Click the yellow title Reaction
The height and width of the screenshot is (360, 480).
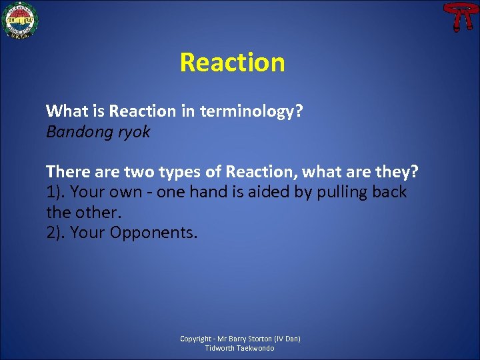232,63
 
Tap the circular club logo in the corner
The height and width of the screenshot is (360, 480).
21,20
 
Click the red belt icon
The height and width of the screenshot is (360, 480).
457,17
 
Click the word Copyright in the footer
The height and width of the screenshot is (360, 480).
196,339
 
